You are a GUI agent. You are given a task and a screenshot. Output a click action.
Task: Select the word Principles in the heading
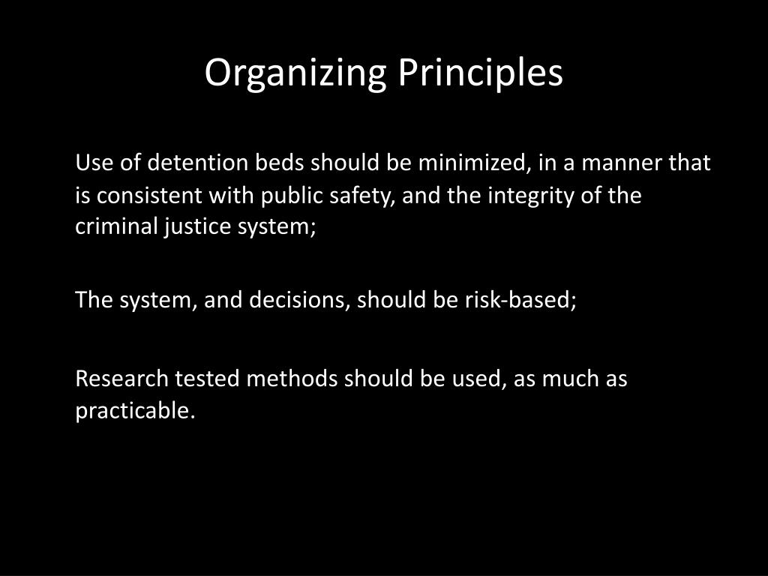pyautogui.click(x=480, y=73)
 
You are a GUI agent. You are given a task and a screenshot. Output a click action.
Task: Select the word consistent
pyautogui.click(x=140, y=195)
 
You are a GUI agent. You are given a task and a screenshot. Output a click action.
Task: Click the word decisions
pyautogui.click(x=303, y=300)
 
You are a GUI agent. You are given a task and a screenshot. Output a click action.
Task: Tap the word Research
pyautogui.click(x=122, y=379)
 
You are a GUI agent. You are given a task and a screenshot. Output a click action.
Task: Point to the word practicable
pyautogui.click(x=135, y=411)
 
